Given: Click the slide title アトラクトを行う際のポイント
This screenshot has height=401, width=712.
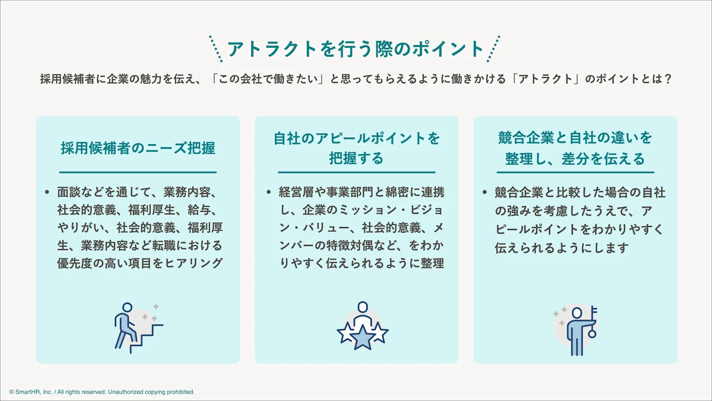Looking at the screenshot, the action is click(x=355, y=49).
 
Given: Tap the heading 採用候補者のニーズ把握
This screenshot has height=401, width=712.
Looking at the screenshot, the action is click(x=138, y=148).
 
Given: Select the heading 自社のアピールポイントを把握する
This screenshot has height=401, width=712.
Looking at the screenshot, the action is click(x=357, y=148).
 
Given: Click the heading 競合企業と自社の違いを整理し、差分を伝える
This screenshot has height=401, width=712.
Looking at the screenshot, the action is click(x=575, y=148).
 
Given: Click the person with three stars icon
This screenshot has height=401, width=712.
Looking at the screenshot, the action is click(x=362, y=326).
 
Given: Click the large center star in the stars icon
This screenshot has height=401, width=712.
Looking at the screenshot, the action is click(x=362, y=337).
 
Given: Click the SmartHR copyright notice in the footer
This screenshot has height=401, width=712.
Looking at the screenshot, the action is click(x=102, y=392).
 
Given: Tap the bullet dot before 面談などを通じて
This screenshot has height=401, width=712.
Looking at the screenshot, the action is click(x=48, y=192).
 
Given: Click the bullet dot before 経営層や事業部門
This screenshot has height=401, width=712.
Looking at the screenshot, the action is click(x=269, y=192).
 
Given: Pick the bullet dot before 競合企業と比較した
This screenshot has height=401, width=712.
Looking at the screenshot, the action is click(x=485, y=192).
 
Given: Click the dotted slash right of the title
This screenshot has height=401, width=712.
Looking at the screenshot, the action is click(x=493, y=49).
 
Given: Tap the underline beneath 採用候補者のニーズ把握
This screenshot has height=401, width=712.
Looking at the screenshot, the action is click(x=138, y=172).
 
